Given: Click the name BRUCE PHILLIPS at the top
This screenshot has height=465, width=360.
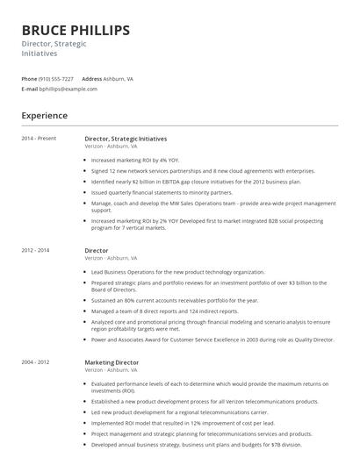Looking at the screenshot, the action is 76,30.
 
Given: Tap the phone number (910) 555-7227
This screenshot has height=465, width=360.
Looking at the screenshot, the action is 56,79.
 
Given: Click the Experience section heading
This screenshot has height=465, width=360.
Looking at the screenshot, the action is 45,116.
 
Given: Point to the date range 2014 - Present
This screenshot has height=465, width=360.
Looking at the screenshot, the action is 39,139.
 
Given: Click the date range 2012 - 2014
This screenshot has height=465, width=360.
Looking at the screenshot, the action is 36,251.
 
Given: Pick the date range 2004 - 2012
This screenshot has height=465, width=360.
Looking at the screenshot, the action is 36,362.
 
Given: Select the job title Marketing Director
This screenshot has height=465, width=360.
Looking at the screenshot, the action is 112,362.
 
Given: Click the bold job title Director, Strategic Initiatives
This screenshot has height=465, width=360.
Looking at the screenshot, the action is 126,139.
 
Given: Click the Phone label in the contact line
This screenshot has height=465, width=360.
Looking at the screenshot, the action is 30,79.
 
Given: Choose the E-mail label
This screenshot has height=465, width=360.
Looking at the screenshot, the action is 30,89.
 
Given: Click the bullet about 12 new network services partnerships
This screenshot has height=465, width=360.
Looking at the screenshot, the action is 202,171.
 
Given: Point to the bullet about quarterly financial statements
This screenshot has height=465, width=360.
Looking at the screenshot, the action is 162,192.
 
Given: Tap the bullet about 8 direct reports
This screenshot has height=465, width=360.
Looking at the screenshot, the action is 164,311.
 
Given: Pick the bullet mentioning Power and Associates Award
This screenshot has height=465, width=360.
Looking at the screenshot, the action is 212,339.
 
